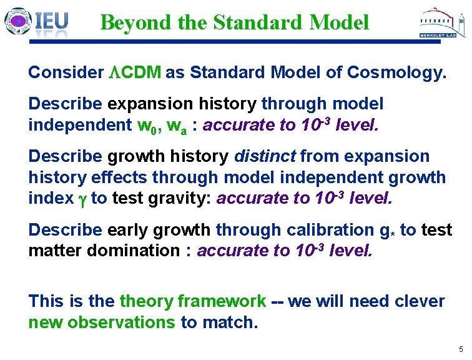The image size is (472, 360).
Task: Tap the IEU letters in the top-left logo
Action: point(51,22)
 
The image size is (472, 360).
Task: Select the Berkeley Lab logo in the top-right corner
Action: point(441,24)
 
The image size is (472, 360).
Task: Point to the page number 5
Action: point(460,349)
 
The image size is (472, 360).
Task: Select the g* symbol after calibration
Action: point(386,231)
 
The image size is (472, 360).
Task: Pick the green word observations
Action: point(121,322)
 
